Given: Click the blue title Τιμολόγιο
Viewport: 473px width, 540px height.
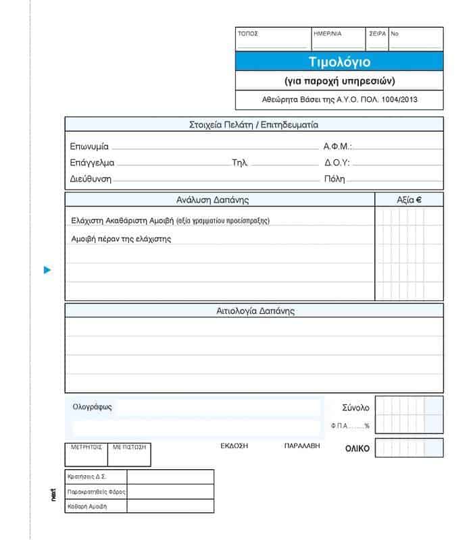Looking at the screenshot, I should tap(339, 61).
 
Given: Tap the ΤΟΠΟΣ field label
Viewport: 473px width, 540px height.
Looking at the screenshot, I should tap(248, 33).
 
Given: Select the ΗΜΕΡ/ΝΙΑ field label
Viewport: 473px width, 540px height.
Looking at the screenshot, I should tap(328, 33).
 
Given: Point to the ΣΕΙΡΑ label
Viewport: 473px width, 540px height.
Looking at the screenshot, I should tap(378, 33).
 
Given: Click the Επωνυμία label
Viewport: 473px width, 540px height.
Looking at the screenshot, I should tap(89, 146).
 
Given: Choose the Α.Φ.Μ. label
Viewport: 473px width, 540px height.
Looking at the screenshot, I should tap(338, 146).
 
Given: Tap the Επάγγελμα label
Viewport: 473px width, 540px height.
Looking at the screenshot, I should tap(92, 163).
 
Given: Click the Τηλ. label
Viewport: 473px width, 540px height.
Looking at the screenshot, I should tap(240, 163).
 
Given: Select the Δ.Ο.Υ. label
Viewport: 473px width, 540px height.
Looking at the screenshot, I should tap(337, 163).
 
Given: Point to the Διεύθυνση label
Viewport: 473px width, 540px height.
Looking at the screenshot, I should tap(91, 180).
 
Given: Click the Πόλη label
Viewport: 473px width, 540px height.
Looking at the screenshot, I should tap(334, 180).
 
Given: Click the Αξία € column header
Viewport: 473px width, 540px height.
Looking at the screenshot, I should tap(409, 200).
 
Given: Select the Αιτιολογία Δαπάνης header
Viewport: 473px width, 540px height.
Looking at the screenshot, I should tap(255, 311).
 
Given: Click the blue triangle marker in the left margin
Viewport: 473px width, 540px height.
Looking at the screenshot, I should tap(47, 271).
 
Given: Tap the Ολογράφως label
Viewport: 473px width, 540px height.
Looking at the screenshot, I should tap(93, 407).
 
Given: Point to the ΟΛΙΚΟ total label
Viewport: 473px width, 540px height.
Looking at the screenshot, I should tap(357, 449).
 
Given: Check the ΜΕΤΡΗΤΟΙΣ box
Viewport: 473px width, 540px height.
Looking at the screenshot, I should tap(86, 455).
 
